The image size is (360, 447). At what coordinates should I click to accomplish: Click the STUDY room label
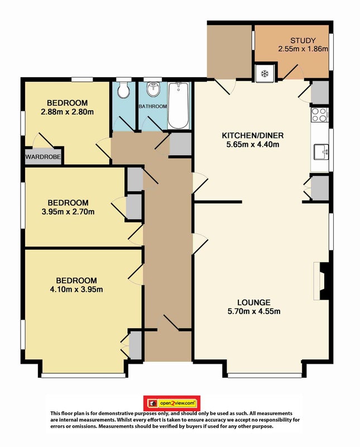(x=303, y=40)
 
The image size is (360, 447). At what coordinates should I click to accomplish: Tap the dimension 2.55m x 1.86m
(x=303, y=49)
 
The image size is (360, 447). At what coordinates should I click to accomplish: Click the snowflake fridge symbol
(x=265, y=74)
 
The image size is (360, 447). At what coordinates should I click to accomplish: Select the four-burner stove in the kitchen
(x=319, y=115)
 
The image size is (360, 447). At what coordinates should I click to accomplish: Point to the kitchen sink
(x=321, y=151)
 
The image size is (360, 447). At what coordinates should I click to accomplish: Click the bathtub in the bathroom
(x=178, y=105)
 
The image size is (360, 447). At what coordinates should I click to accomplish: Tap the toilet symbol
(x=123, y=89)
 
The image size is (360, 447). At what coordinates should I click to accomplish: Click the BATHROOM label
(x=153, y=106)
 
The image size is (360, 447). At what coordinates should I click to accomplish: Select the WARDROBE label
(x=43, y=157)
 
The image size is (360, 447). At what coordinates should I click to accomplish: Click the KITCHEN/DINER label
(x=253, y=135)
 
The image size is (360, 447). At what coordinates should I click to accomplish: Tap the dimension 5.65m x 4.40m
(x=253, y=144)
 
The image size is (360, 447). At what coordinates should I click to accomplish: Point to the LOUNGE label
(x=254, y=302)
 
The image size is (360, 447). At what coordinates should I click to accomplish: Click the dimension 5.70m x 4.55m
(x=254, y=311)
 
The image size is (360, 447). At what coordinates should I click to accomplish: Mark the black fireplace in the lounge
(x=325, y=281)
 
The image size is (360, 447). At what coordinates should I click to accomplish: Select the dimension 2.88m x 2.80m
(x=67, y=112)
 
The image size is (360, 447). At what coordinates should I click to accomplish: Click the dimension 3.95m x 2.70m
(x=68, y=212)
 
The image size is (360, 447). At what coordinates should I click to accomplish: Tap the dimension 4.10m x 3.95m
(x=76, y=289)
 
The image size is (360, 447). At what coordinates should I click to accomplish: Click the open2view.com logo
(x=172, y=403)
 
